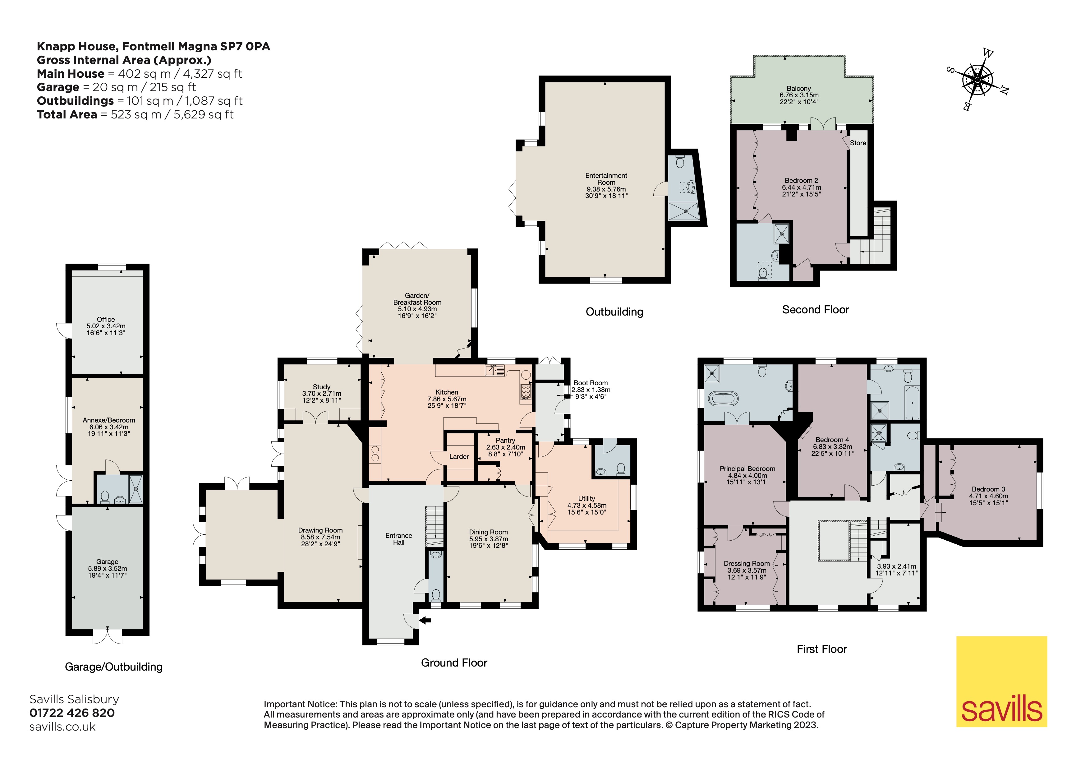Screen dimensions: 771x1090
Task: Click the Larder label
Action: click(x=459, y=457)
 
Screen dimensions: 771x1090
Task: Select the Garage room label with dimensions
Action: click(x=107, y=568)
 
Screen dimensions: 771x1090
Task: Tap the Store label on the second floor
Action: click(x=858, y=143)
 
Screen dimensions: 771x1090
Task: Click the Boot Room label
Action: click(x=590, y=389)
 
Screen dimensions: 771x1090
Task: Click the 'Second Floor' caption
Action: click(x=815, y=310)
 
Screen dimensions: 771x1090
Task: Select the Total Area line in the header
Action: click(x=135, y=114)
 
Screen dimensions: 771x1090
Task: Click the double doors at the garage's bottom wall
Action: click(x=107, y=636)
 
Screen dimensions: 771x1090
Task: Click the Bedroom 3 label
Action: click(x=988, y=496)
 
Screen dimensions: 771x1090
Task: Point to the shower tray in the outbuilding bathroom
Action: click(x=684, y=212)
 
